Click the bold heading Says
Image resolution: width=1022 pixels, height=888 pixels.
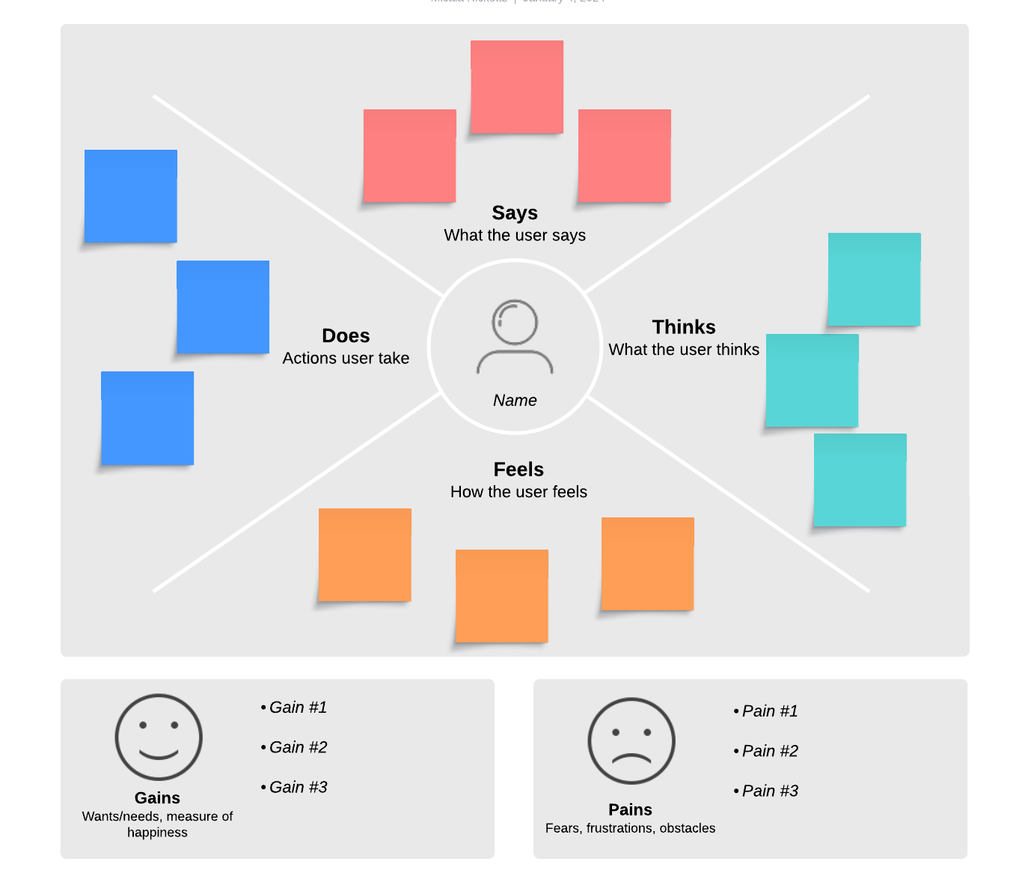(515, 213)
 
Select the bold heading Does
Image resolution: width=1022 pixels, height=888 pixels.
(346, 336)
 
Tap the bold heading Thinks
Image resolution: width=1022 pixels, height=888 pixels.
(684, 327)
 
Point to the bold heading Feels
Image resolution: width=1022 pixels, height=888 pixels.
(518, 469)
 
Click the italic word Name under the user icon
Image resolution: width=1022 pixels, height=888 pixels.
(515, 401)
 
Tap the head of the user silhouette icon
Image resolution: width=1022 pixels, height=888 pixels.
(515, 322)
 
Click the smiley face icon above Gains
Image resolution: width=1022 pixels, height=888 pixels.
(159, 738)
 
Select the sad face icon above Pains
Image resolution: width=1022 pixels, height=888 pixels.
(631, 741)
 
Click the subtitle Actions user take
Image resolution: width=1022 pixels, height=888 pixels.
(346, 359)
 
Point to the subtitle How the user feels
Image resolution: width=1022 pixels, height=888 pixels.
(518, 492)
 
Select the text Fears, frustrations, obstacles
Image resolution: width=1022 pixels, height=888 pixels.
(630, 828)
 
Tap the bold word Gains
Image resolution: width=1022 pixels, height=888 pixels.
(157, 798)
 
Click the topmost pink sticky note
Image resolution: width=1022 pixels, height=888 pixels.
(517, 87)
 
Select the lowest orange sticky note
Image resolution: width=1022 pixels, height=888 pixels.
(502, 596)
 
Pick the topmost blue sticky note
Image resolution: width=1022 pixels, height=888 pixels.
(131, 196)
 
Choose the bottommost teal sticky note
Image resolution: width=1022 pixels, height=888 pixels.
(860, 480)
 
